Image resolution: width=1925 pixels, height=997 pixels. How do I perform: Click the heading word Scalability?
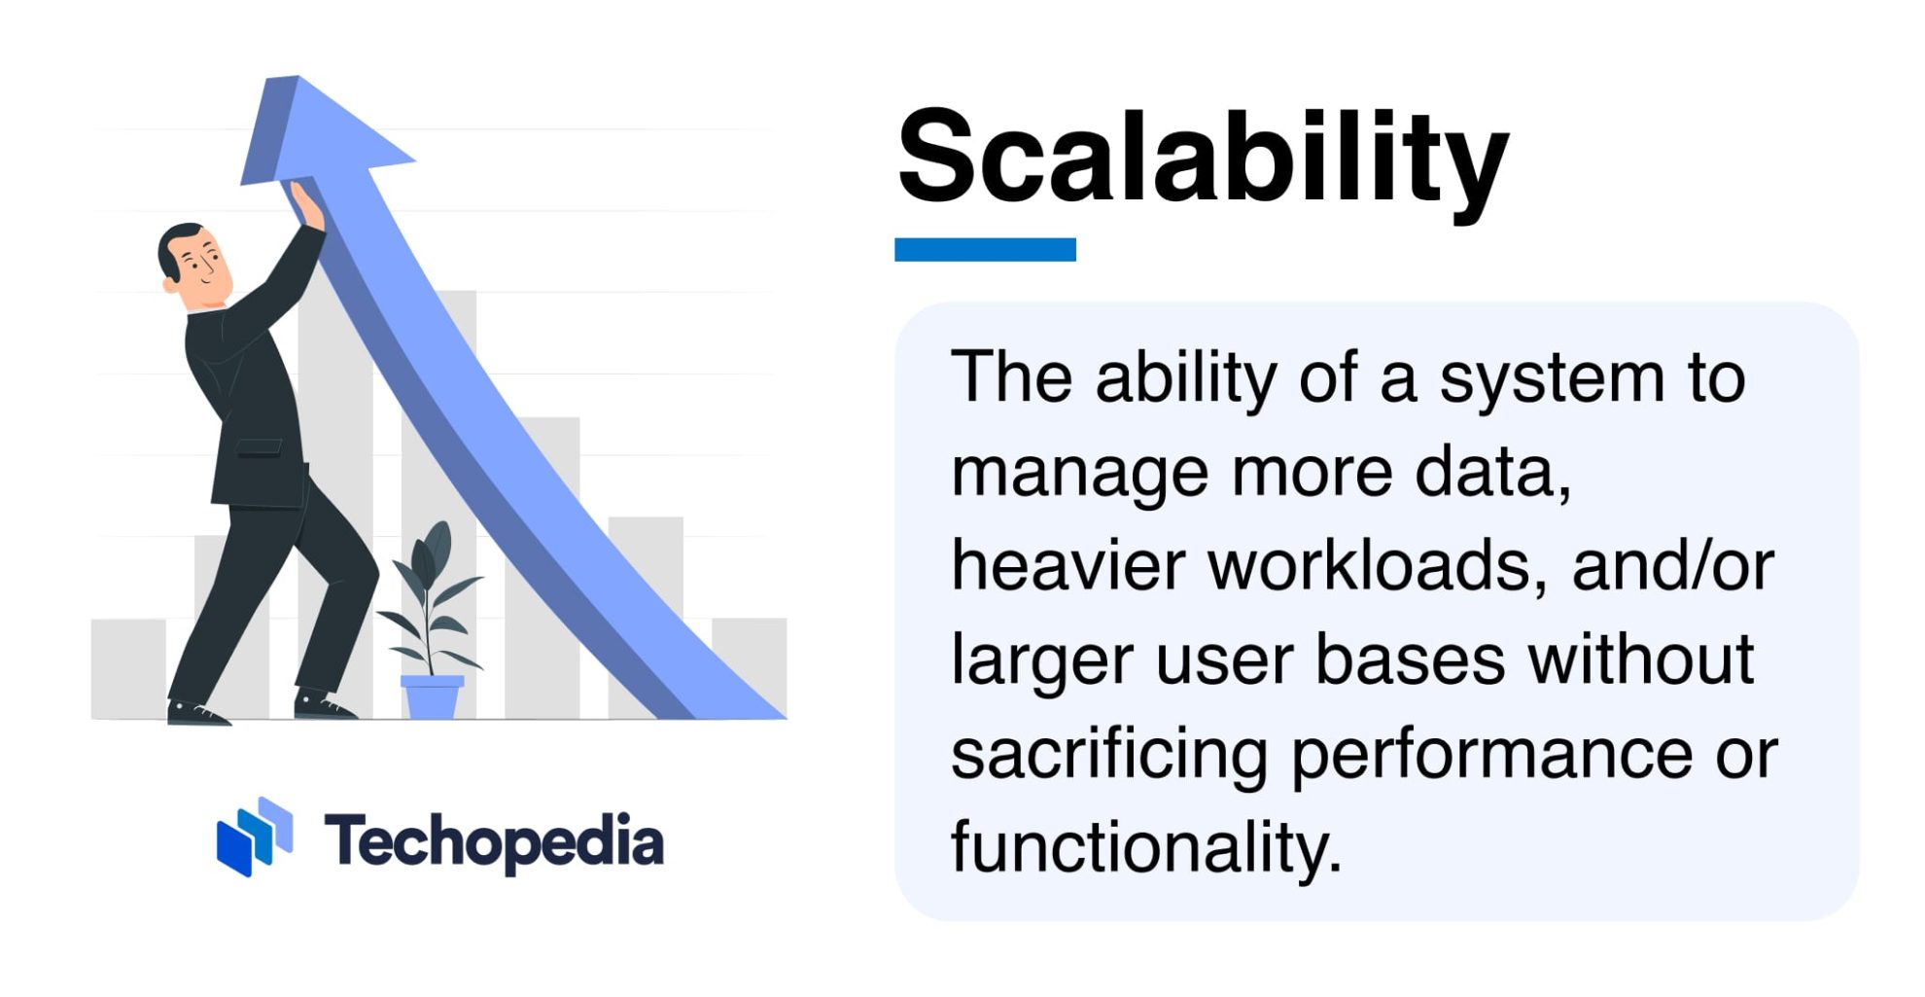1202,158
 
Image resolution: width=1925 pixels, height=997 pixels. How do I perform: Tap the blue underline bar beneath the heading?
984,250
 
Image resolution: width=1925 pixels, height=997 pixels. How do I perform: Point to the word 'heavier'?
1066,566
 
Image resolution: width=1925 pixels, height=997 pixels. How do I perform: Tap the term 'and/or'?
1672,566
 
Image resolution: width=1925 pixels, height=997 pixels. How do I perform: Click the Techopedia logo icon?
255,837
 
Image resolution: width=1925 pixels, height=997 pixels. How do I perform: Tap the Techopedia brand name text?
494,841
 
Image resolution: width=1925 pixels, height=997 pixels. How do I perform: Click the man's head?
192,258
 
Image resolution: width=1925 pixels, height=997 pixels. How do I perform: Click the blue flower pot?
432,696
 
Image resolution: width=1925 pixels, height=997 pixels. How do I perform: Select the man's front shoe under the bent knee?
323,705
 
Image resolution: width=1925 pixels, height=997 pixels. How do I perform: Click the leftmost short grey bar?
128,668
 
